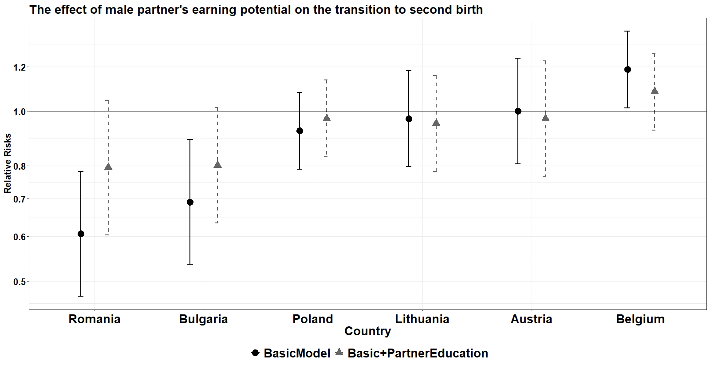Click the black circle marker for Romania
pos(81,234)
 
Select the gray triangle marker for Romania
pos(108,167)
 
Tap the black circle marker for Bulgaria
pos(190,202)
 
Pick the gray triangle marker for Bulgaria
pos(217,165)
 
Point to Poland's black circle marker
pos(300,131)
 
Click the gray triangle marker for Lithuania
pos(436,123)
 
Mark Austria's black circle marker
pos(518,111)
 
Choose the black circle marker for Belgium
pos(627,70)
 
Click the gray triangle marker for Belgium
pos(655,91)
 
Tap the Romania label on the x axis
pos(95,319)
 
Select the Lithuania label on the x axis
pos(422,319)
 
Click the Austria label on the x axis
pos(531,319)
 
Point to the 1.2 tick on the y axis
pos(20,67)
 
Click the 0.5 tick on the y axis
pos(20,282)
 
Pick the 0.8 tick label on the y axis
pos(20,166)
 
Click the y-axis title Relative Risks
pos(8,163)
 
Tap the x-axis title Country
pos(367,331)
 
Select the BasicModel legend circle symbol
pos(255,353)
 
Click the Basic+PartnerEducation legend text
pos(418,353)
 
